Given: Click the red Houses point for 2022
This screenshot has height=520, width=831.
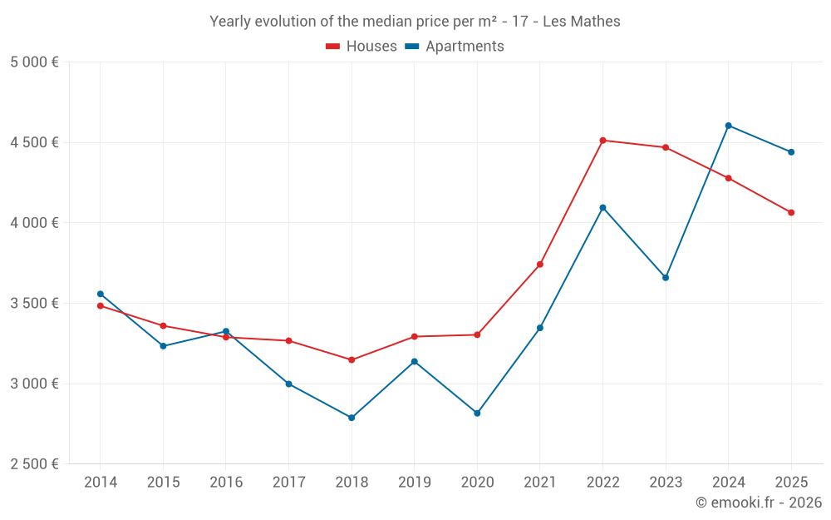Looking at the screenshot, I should click(602, 141).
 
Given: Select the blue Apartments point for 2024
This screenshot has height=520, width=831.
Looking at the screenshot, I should click(729, 126).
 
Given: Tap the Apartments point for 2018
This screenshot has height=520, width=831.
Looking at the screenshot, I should click(352, 418).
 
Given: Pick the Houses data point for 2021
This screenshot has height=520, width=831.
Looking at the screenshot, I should click(540, 265).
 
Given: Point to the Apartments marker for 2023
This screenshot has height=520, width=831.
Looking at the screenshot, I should click(666, 278).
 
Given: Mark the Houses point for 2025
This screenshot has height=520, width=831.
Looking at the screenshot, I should click(791, 213).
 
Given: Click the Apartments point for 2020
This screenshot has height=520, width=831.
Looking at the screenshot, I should click(477, 414).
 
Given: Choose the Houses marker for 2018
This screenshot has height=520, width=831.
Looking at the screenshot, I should click(352, 360).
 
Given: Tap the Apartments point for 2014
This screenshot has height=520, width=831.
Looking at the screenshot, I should click(101, 294).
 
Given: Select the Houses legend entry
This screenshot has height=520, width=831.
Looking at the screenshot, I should click(361, 47).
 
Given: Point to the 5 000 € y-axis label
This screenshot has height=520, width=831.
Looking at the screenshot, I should click(35, 62).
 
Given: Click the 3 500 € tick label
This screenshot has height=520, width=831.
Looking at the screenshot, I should click(35, 304).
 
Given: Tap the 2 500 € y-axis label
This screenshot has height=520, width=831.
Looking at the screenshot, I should click(35, 464).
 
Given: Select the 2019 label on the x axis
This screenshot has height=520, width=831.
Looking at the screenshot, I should click(415, 483).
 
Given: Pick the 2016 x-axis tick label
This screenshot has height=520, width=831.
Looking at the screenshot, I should click(226, 483).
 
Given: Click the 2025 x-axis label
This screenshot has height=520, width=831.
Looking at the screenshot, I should click(791, 483).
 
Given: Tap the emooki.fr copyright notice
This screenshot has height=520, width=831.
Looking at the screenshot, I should click(759, 503).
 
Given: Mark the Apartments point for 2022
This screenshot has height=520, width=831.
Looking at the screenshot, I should click(602, 208).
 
